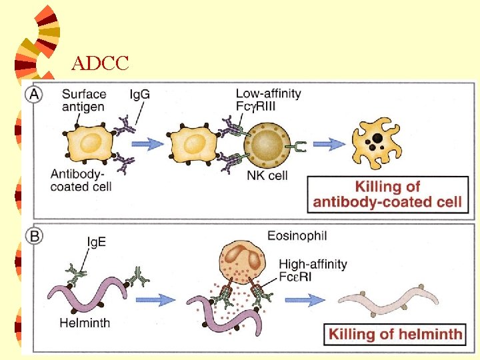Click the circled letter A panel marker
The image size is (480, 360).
pos(33,95)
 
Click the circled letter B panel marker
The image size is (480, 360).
pos(33,235)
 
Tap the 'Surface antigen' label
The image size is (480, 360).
pos(83,101)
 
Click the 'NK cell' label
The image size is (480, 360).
pos(266,176)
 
